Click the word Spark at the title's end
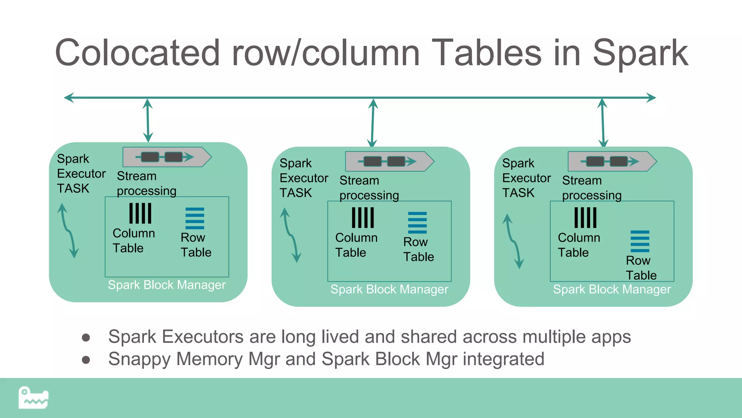[640, 53]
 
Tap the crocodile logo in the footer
[33, 398]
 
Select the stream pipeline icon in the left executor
[167, 157]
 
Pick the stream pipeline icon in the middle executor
[389, 161]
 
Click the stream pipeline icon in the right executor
[612, 161]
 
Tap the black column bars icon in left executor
[140, 213]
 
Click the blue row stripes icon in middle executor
[417, 222]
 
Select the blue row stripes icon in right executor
[640, 241]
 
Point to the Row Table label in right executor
[641, 268]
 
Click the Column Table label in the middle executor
[356, 245]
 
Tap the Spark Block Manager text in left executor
[167, 285]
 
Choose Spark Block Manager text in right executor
[612, 289]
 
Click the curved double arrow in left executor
[68, 230]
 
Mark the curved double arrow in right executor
[513, 241]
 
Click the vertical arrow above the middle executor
[372, 123]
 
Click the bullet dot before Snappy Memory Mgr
[86, 360]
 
